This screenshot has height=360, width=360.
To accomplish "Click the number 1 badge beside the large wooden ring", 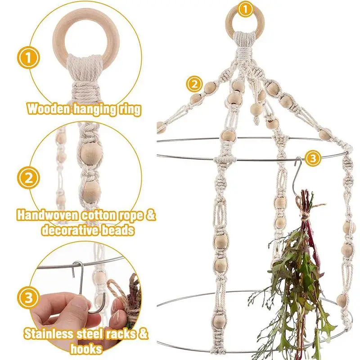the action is [28, 58].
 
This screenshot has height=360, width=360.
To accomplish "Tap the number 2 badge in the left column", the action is [28, 178].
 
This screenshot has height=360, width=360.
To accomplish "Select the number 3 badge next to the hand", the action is [28, 298].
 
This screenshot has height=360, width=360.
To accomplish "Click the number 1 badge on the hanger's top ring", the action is [245, 9].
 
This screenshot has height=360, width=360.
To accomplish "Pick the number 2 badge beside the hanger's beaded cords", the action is [194, 84].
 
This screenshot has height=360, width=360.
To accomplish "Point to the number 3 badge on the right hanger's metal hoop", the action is [313, 158].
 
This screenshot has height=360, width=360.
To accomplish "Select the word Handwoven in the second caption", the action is [48, 216].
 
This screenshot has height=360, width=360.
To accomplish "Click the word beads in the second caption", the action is [118, 230].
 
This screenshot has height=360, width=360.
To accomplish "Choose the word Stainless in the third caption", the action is [49, 334].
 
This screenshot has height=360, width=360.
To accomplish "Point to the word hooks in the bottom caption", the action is [86, 349].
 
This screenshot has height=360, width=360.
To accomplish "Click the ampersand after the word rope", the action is [150, 216].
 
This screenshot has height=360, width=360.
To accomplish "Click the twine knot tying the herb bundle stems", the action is [305, 216].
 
